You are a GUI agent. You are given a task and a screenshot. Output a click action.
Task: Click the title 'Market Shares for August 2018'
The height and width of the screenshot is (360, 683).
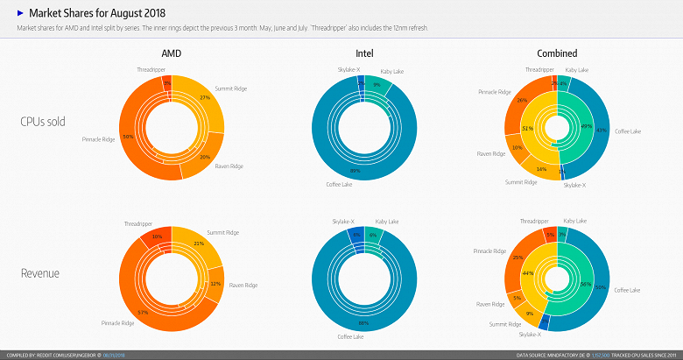(96, 14)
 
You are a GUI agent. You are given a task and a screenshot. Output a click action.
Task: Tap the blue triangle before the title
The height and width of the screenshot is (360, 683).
(20, 14)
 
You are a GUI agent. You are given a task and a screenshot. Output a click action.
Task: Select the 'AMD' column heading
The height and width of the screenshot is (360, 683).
(172, 54)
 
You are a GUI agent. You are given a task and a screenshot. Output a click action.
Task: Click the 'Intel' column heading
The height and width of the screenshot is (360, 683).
(365, 54)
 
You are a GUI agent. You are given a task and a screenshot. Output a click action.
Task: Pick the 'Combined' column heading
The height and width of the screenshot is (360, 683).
(558, 54)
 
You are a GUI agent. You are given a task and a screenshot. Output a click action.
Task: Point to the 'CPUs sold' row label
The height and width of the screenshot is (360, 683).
(44, 121)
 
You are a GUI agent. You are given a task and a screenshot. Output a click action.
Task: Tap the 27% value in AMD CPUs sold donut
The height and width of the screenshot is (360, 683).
(204, 97)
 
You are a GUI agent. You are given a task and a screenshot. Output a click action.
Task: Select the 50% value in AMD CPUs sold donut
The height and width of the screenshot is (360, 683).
(128, 137)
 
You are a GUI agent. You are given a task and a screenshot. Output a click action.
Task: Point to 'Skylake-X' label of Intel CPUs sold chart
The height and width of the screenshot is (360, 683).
(349, 68)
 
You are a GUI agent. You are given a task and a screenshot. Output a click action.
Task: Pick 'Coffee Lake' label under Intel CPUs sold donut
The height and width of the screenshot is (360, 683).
(339, 184)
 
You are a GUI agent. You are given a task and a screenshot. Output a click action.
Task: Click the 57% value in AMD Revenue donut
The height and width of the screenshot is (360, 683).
(144, 313)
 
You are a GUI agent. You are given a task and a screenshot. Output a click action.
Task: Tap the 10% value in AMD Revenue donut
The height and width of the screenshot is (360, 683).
(157, 236)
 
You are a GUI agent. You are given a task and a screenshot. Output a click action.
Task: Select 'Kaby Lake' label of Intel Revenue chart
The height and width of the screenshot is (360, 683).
(387, 222)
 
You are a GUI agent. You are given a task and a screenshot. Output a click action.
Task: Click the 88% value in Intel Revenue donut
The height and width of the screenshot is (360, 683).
(363, 324)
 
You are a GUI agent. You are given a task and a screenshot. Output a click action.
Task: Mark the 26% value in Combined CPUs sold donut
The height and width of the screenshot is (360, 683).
(522, 100)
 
